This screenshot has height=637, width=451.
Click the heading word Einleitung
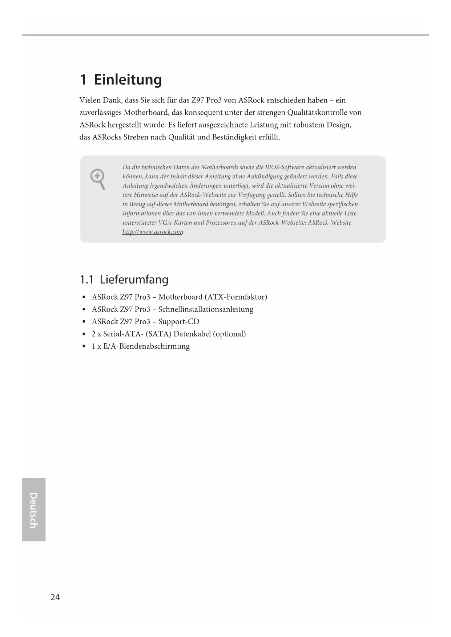[128, 80]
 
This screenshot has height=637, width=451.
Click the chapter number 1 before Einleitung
[83, 80]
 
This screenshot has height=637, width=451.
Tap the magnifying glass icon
[97, 179]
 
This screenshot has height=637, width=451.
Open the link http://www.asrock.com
[153, 232]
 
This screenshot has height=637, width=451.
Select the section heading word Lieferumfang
[134, 280]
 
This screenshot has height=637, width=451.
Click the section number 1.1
[86, 280]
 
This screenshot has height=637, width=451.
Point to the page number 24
[55, 597]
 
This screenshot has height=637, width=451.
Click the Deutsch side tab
[33, 510]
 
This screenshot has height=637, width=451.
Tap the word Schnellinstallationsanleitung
[206, 309]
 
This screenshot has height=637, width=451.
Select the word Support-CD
[179, 322]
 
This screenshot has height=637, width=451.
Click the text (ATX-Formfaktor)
[236, 297]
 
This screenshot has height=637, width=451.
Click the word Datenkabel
[192, 334]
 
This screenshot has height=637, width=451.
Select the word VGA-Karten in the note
[173, 223]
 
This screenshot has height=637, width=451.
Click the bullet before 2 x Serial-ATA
[84, 334]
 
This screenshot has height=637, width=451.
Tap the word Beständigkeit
[230, 137]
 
